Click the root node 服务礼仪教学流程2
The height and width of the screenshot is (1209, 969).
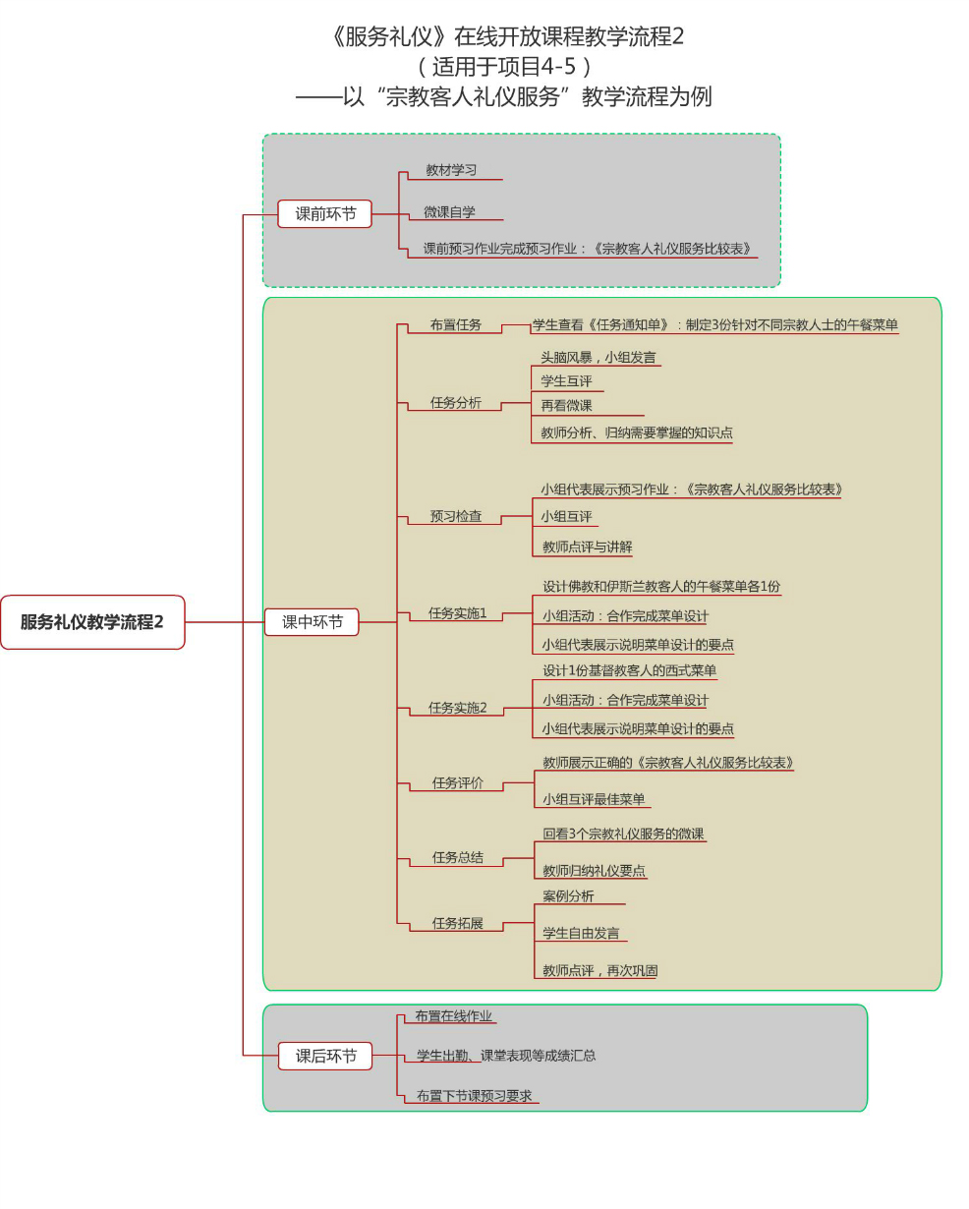click(92, 622)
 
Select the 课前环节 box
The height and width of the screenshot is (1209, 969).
click(324, 213)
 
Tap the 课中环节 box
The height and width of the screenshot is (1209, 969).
click(312, 622)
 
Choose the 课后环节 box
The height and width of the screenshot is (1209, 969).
click(325, 1057)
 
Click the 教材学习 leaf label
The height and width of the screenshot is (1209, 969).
click(451, 170)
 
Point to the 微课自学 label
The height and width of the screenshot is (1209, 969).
click(449, 211)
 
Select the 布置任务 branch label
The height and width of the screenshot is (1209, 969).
click(455, 324)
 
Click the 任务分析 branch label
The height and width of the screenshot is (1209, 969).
click(455, 402)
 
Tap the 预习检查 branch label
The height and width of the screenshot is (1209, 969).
click(455, 516)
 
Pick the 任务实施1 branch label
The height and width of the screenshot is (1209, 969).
click(457, 613)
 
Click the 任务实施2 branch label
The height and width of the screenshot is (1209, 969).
click(457, 708)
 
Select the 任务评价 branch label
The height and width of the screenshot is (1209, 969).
click(457, 783)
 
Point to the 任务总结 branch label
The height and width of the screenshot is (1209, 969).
click(457, 857)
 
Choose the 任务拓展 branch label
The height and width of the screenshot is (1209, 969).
click(457, 924)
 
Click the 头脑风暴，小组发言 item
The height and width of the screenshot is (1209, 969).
click(598, 358)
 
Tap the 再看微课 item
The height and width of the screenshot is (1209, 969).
click(566, 405)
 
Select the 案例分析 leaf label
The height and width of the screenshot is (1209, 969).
click(568, 896)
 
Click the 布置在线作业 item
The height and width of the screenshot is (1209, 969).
click(453, 1016)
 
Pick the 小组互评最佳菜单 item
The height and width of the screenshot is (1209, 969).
click(594, 799)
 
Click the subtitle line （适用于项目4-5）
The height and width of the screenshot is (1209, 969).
click(503, 67)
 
